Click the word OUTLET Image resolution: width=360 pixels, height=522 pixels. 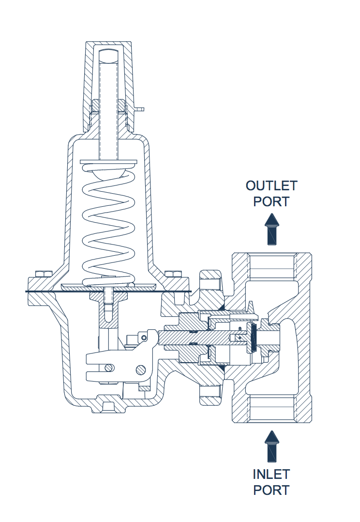click(271, 186)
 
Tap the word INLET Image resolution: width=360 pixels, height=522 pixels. click(271, 474)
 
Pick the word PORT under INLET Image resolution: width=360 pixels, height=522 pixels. click(271, 490)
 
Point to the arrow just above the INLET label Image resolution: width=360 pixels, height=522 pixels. click(272, 445)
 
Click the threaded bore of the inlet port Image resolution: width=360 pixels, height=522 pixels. click(271, 409)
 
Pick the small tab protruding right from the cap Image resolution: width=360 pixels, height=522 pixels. click(140, 109)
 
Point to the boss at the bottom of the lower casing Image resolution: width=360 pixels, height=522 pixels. click(108, 404)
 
